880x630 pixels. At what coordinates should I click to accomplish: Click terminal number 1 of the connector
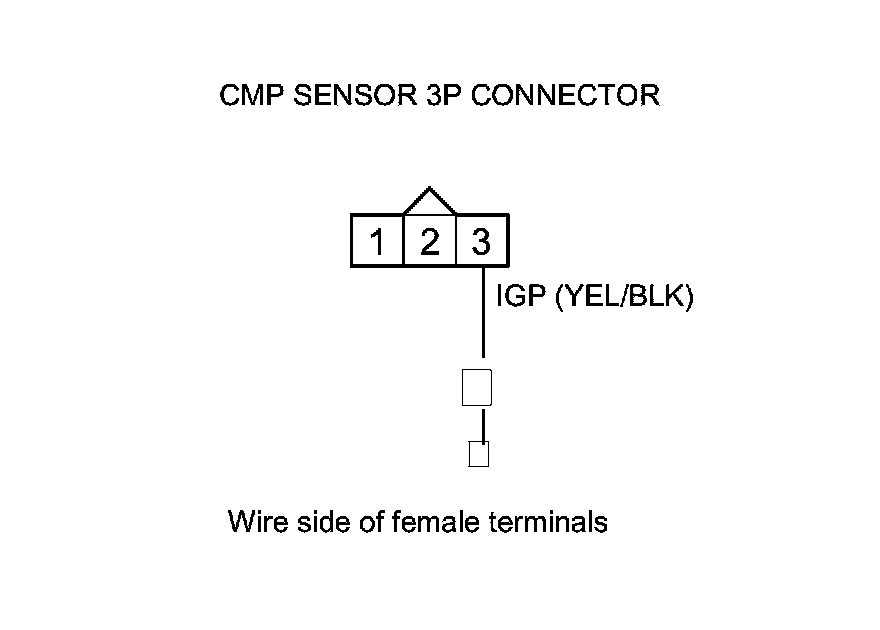(x=377, y=242)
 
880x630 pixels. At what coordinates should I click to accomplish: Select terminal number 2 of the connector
(x=429, y=242)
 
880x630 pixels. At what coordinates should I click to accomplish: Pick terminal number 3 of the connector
(x=481, y=242)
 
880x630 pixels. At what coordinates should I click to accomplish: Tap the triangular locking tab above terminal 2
(x=429, y=202)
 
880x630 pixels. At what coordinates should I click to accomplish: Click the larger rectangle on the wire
(x=477, y=387)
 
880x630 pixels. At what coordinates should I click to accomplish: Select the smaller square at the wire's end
(x=479, y=455)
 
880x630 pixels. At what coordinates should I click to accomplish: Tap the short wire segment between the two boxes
(x=484, y=425)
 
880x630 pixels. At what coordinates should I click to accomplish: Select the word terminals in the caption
(x=549, y=522)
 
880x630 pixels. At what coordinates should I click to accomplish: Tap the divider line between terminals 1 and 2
(x=403, y=241)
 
